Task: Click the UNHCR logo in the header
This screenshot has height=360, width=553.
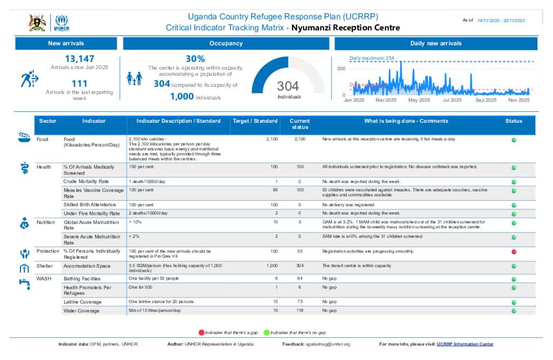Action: (x=62, y=23)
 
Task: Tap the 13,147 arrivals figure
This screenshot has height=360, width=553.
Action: (x=79, y=59)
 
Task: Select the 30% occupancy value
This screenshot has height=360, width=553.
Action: (x=195, y=59)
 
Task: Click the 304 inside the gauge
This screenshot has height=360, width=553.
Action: (x=288, y=86)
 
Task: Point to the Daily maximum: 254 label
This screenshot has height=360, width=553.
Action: (x=372, y=58)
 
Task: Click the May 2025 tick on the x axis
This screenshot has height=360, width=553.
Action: (x=419, y=100)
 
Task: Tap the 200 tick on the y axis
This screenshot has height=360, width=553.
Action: (x=341, y=69)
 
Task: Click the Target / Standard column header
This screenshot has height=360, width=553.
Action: (x=255, y=121)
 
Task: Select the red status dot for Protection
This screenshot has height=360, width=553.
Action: (x=514, y=252)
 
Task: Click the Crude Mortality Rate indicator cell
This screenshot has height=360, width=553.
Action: (x=86, y=181)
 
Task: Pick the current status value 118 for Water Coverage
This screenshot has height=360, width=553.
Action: (x=300, y=311)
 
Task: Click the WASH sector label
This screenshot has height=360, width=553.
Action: (x=43, y=279)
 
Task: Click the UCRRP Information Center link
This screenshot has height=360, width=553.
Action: (x=465, y=344)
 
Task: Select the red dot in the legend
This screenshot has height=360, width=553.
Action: (x=201, y=332)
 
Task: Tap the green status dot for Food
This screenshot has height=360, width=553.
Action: (x=514, y=140)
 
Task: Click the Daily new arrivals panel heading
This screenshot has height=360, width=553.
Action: (x=436, y=43)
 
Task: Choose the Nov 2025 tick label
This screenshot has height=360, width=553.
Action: (x=519, y=100)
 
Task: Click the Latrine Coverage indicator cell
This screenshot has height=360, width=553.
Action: (x=82, y=302)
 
